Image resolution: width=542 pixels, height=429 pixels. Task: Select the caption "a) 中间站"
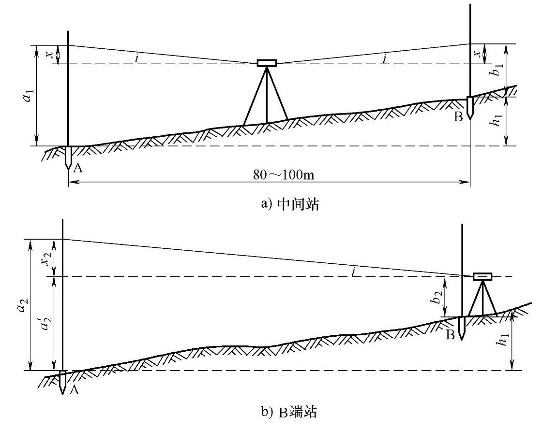click(290, 204)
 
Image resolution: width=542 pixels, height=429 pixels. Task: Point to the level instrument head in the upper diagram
click(267, 63)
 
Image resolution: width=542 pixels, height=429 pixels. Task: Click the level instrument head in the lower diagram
click(482, 276)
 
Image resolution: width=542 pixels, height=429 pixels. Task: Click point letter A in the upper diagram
click(78, 167)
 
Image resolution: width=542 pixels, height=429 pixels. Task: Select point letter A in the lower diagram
click(74, 390)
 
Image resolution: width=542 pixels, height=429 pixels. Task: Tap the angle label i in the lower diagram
click(354, 272)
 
